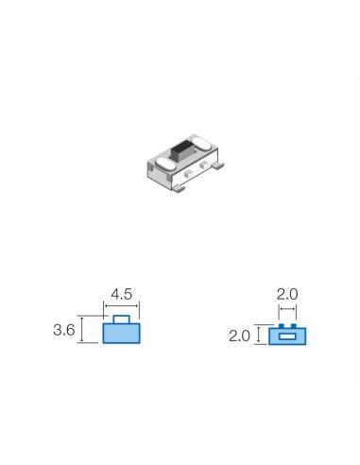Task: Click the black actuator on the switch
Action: point(180,150)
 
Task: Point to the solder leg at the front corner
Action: point(179,189)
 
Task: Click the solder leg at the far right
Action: point(217,165)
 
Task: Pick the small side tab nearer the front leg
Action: point(188,173)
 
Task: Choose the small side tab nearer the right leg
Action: point(204,164)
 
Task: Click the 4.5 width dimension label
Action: point(122,294)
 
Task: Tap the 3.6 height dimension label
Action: point(64,330)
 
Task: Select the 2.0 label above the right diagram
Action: point(287,294)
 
